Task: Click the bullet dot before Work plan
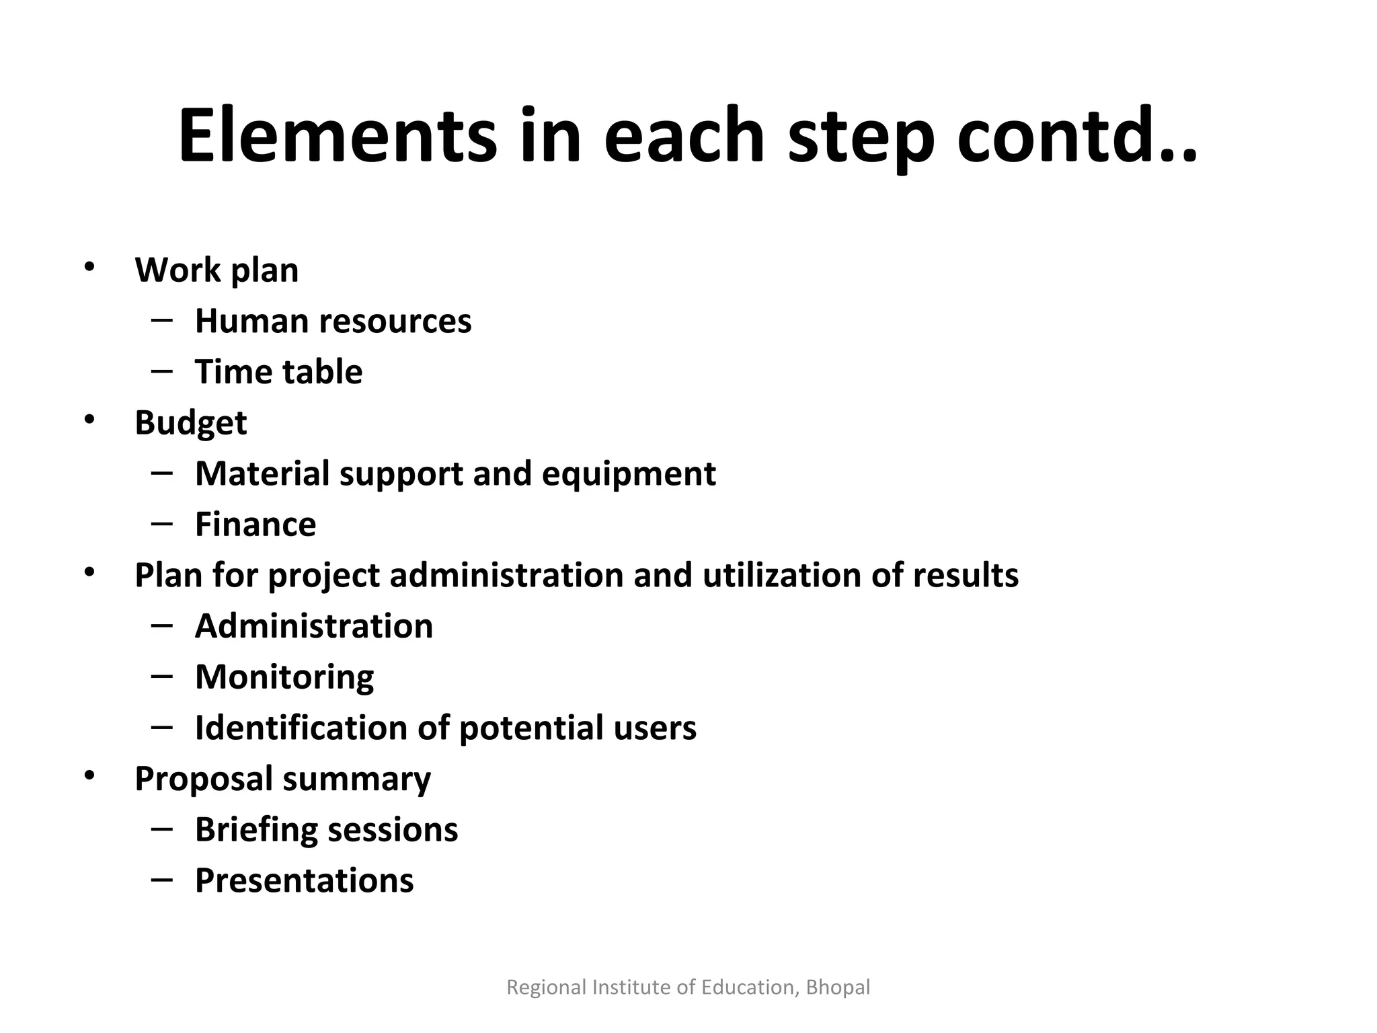[x=89, y=267]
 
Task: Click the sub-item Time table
[x=278, y=372]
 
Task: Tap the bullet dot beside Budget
[x=89, y=420]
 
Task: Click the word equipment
[x=629, y=474]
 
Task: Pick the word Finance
[x=255, y=525]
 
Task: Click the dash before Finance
[x=162, y=523]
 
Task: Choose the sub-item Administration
[x=314, y=627]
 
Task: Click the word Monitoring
[x=284, y=678]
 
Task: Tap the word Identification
[x=301, y=728]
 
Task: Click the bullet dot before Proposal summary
[x=89, y=776]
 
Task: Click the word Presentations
[x=305, y=881]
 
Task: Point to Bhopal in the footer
[x=838, y=987]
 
